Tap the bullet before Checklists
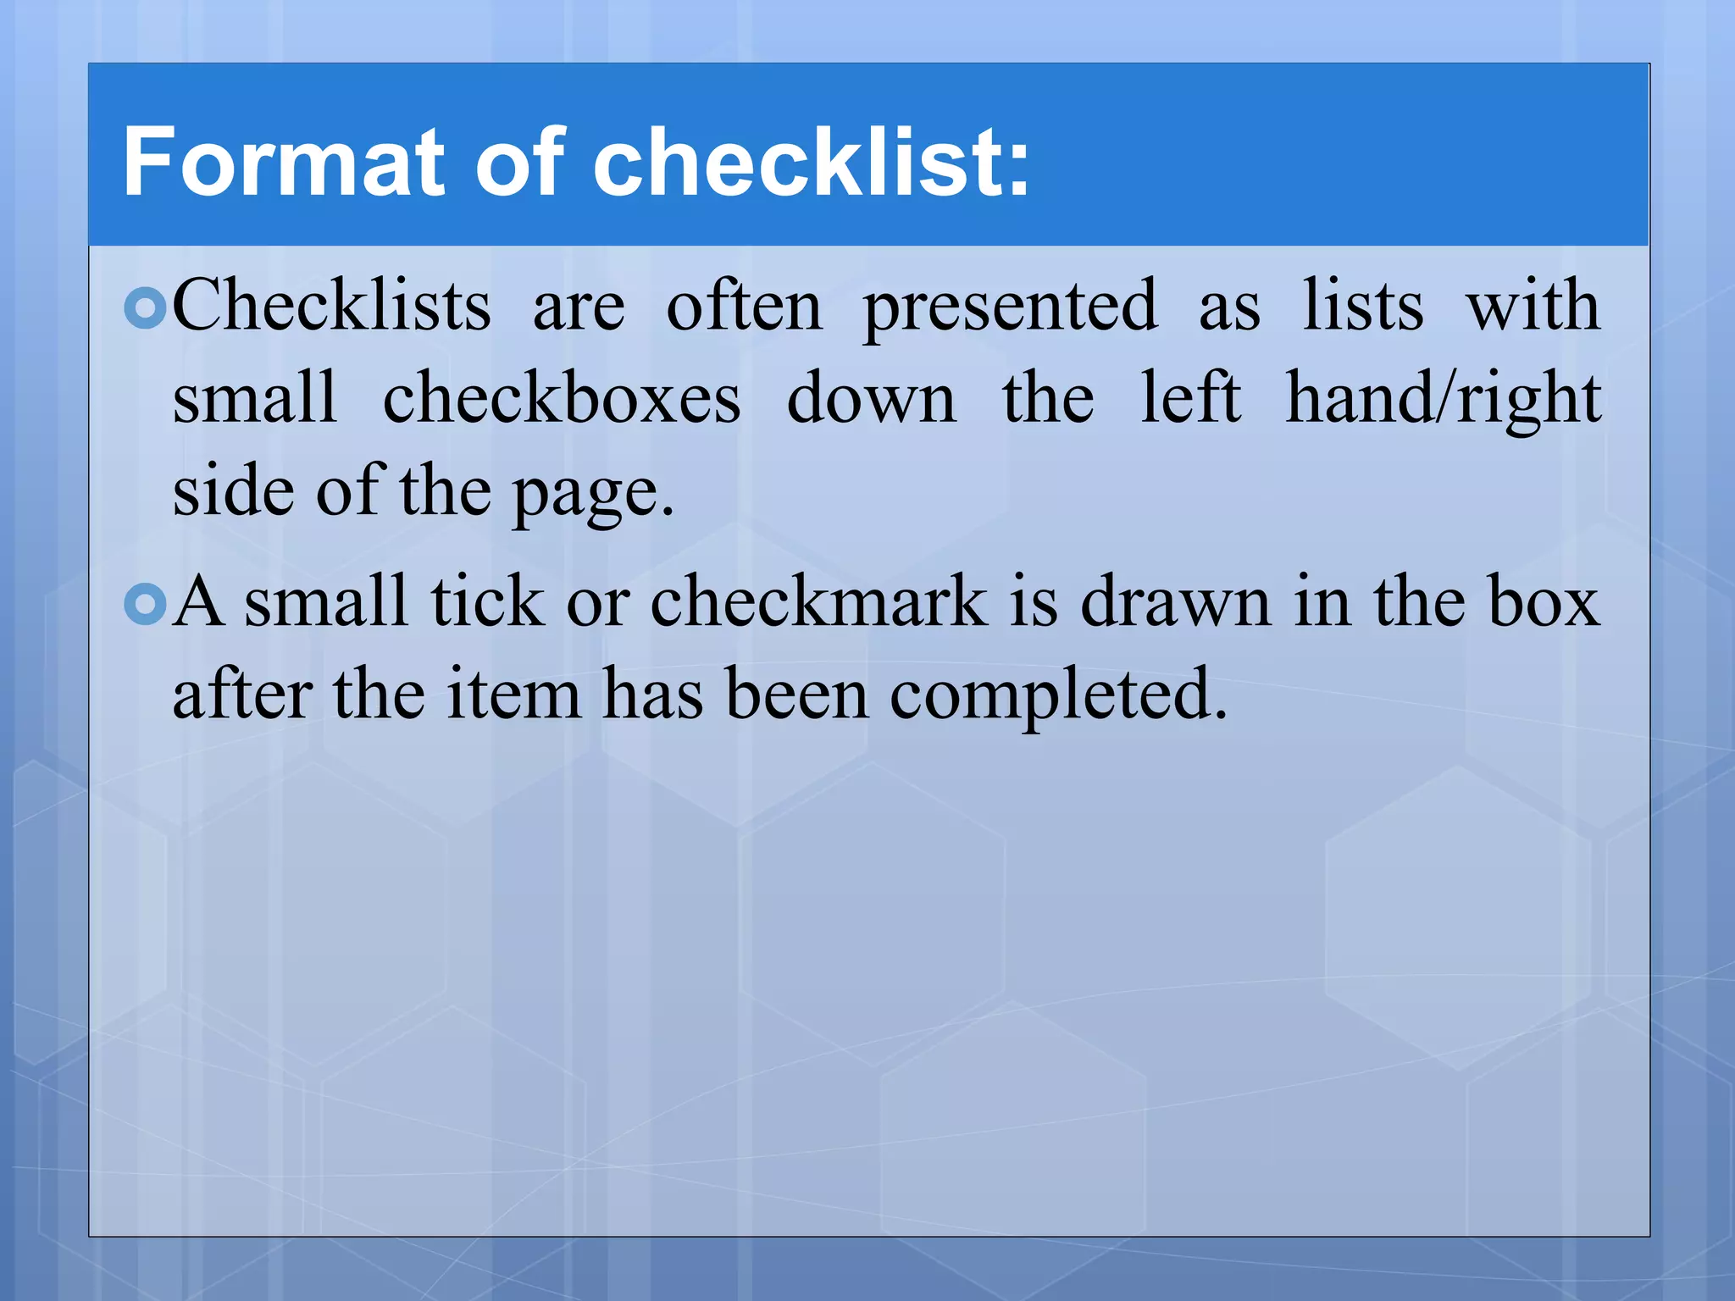145,309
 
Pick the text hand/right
1443,400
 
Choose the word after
242,695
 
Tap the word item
513,695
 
